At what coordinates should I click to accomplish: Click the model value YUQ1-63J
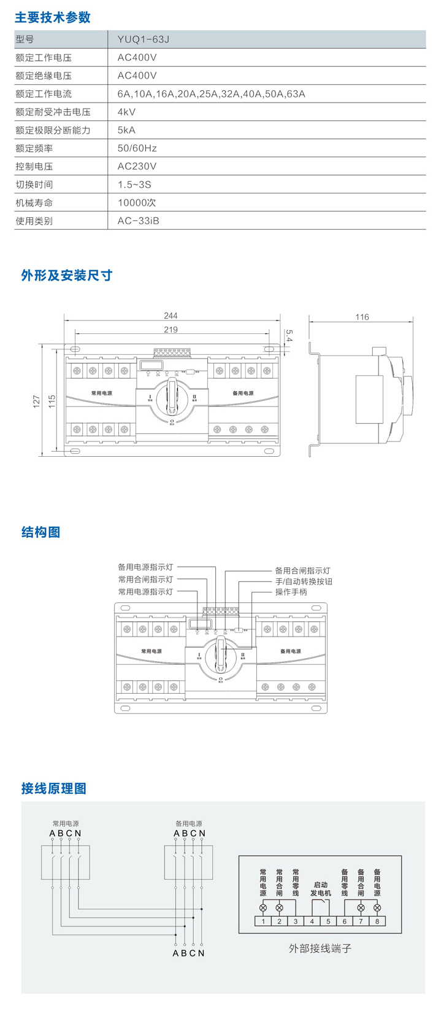coord(143,40)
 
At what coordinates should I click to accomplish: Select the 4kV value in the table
coord(126,112)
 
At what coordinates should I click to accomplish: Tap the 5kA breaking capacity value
coord(126,130)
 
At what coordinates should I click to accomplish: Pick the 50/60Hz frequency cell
coord(137,149)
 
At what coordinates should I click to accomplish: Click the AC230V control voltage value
coord(137,166)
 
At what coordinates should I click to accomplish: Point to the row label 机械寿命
coord(34,203)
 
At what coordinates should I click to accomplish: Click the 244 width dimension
coord(170,316)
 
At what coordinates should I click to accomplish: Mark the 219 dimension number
coord(170,330)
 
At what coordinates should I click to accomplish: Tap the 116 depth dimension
coord(362,317)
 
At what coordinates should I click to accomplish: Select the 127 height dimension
coord(36,400)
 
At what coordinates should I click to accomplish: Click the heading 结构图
coord(40,532)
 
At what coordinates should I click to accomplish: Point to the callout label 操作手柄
coord(291,592)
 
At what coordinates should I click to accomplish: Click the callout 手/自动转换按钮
coord(304,581)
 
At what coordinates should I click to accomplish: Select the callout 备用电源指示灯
coord(146,568)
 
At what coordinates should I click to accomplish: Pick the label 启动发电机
coord(320,889)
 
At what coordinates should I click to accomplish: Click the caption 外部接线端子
coord(320,949)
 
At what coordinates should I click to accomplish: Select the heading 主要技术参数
coord(53,17)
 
